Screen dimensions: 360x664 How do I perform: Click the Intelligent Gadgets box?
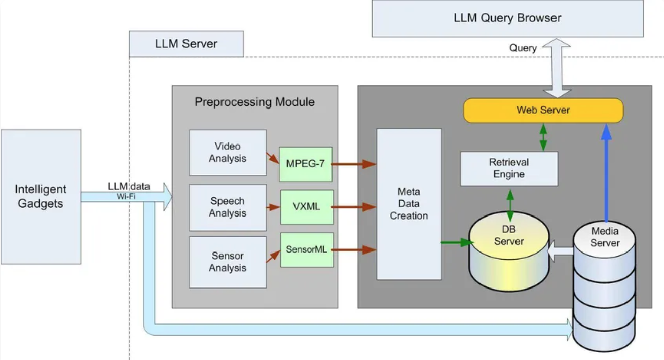click(x=41, y=196)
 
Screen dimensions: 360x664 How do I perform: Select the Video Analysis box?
click(x=228, y=153)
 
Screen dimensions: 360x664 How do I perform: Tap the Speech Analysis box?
click(x=228, y=207)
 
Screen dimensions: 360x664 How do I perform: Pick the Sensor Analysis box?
click(x=228, y=262)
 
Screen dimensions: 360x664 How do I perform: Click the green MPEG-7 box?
click(x=305, y=164)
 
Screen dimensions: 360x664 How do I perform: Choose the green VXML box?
click(x=307, y=207)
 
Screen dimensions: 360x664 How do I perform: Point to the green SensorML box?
click(x=307, y=249)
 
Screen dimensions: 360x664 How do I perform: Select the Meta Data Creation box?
click(x=409, y=204)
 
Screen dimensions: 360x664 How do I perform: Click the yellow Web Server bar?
click(x=543, y=110)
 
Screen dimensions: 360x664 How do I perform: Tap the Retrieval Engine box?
click(x=508, y=168)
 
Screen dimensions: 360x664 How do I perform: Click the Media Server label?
click(x=605, y=237)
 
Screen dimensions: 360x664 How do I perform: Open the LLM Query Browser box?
click(x=507, y=18)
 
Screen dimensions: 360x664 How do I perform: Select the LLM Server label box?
click(x=186, y=44)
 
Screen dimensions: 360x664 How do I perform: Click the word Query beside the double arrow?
click(x=523, y=48)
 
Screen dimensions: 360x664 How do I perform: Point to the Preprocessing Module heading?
click(x=254, y=102)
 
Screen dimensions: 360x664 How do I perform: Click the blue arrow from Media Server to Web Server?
click(x=606, y=175)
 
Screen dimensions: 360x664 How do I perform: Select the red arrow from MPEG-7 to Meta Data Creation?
click(x=354, y=164)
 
